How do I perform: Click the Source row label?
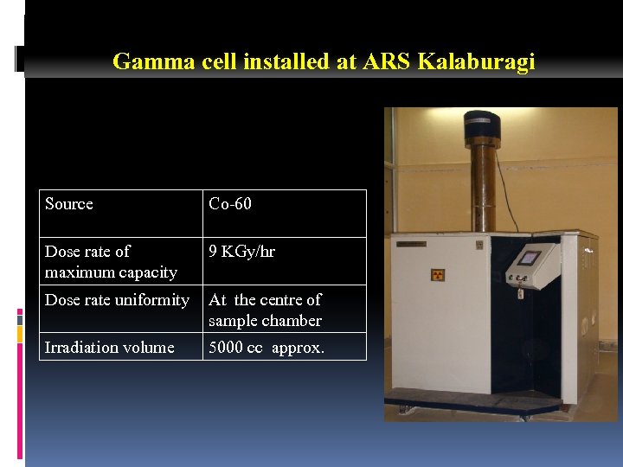pyautogui.click(x=69, y=204)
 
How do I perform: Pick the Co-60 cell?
pyautogui.click(x=230, y=204)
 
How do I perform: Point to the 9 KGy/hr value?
pyautogui.click(x=242, y=252)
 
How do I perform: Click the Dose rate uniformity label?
pyautogui.click(x=117, y=300)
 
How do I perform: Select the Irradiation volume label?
pyautogui.click(x=110, y=348)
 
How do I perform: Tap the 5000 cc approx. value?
pyautogui.click(x=267, y=348)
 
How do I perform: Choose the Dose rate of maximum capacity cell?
pyautogui.click(x=111, y=261)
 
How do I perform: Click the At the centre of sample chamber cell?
pyautogui.click(x=265, y=310)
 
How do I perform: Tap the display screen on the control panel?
pyautogui.click(x=529, y=258)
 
